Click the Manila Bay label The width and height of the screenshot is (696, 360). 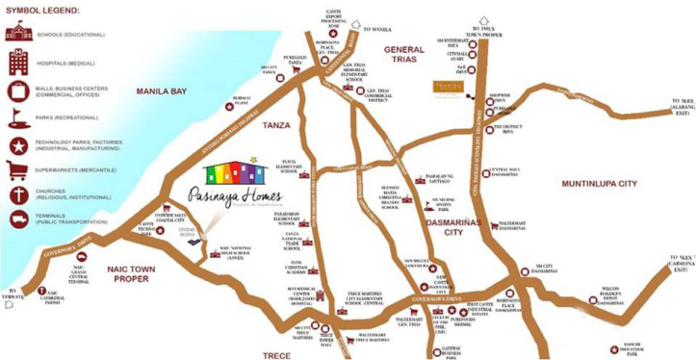point(166,92)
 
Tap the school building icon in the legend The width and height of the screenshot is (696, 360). point(17,34)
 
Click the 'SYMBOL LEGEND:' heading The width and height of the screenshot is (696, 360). point(42,10)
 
